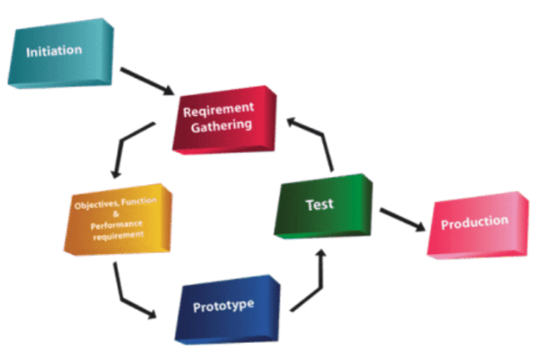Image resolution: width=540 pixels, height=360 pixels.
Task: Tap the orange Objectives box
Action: pyautogui.click(x=117, y=221)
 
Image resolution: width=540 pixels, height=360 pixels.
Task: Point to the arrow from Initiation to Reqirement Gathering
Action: pyautogui.click(x=148, y=80)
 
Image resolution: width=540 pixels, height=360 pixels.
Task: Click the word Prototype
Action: pyautogui.click(x=223, y=305)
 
